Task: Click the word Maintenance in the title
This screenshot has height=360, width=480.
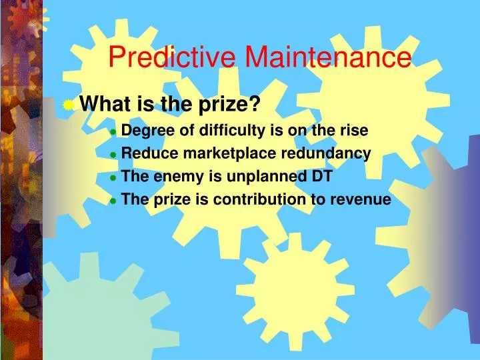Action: [327, 57]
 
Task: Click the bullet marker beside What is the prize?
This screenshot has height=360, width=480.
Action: [69, 104]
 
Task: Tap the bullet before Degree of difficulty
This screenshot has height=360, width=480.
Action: [113, 132]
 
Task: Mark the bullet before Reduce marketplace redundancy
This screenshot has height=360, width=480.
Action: [113, 155]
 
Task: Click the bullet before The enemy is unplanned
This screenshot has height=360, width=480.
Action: [113, 178]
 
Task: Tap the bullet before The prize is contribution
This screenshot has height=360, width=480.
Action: [113, 201]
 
